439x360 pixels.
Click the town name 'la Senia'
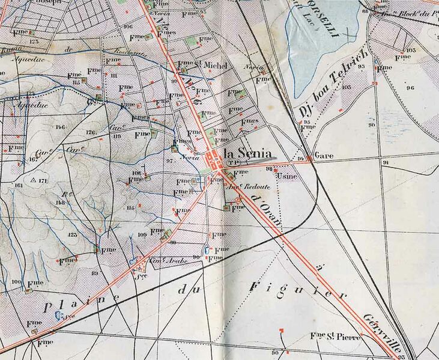point(247,153)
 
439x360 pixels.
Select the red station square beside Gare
point(310,159)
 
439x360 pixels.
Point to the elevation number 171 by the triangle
point(41,180)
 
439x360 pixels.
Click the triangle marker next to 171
point(32,180)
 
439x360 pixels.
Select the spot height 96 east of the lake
point(410,88)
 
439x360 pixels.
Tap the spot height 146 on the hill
point(59,127)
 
